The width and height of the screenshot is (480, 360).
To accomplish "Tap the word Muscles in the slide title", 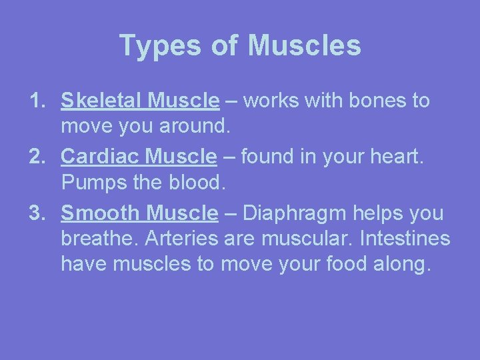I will pyautogui.click(x=304, y=46).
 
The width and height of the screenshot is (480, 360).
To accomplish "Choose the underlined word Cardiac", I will pyautogui.click(x=101, y=157).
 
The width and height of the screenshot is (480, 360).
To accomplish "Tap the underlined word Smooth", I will pyautogui.click(x=101, y=213).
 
